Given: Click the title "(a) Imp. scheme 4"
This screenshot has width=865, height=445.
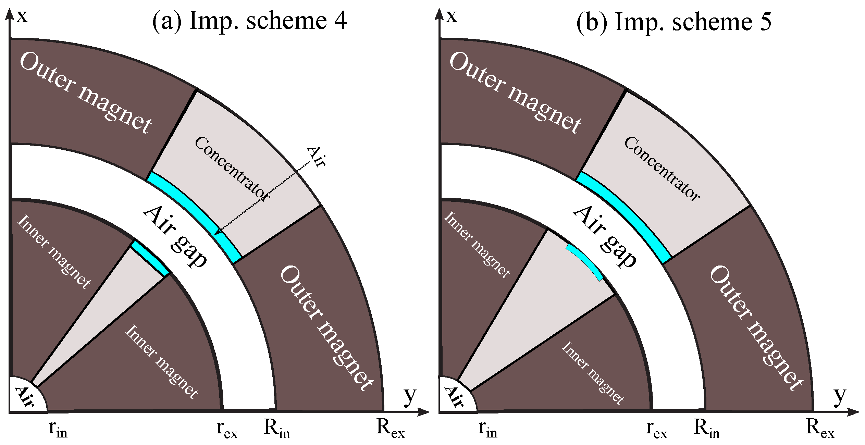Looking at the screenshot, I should (249, 21).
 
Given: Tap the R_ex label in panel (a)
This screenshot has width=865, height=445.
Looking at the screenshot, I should (390, 428).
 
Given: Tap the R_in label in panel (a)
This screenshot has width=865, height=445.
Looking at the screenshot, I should (277, 428).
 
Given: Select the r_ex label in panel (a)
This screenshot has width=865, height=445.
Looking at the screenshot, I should (227, 429).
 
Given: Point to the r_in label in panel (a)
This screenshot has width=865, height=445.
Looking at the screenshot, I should (58, 429).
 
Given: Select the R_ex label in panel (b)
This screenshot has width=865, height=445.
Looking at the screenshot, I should (820, 428).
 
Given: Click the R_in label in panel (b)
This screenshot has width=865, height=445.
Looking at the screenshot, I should (707, 428).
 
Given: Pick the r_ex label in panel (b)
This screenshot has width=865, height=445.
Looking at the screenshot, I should (656, 429).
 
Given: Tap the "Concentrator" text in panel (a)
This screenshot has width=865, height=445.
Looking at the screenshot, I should (232, 168).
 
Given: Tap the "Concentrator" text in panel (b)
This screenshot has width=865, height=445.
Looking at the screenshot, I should (662, 169).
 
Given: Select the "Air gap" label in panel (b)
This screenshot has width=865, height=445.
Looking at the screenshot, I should (605, 236).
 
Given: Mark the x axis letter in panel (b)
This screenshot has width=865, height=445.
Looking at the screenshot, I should (452, 16).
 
